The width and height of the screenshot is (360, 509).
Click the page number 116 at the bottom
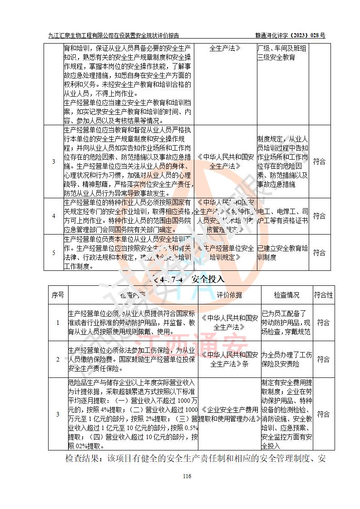tap(187, 476)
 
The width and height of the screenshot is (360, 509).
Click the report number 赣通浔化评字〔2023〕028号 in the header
tap(291, 35)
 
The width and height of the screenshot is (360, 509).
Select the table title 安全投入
tap(208, 279)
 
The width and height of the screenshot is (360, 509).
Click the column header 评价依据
tap(229, 295)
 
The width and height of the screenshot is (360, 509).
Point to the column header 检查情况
tap(286, 295)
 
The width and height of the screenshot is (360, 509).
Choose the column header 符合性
tap(323, 295)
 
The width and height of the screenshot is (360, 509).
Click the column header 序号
tap(58, 295)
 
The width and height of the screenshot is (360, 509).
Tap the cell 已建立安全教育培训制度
tap(282, 253)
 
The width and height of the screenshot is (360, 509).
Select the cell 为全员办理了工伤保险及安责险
tap(286, 359)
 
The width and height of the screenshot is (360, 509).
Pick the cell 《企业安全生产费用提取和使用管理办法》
tap(229, 414)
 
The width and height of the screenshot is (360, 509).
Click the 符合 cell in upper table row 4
tap(320, 216)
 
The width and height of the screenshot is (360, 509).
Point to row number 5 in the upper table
tap(54, 253)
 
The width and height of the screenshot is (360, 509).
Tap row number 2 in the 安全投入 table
tap(58, 359)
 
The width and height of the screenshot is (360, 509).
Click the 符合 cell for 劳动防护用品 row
tap(323, 323)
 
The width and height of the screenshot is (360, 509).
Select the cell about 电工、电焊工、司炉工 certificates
tap(282, 216)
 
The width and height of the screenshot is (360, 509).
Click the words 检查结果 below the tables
tap(82, 459)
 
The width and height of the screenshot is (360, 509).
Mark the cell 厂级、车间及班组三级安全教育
tap(282, 53)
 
